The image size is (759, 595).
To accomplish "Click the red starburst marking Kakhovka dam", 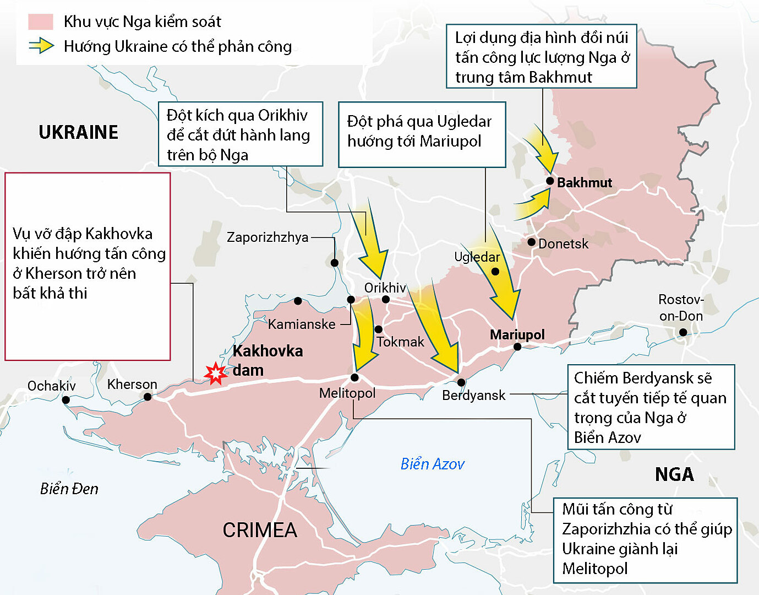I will coord(215,374).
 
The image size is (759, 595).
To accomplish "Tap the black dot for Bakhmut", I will coord(550,181).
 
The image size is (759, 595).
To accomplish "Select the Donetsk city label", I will coord(563,244).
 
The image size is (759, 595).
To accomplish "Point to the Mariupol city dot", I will coord(517,347).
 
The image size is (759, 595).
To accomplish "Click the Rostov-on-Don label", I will coord(681,308).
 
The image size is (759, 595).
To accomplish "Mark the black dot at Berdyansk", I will coord(461,382).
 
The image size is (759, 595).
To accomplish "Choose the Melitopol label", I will coord(347,393).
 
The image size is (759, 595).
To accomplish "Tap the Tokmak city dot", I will coord(379,329).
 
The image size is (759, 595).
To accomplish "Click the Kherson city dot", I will coord(148,397).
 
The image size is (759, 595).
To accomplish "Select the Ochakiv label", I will coord(52,386).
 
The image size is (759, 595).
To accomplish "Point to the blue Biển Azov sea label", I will coord(432,464).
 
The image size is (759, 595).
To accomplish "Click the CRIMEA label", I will coord(260,530).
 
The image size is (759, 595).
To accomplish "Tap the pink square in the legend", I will coord(41,21).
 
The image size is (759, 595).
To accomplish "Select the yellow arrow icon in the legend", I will coord(41,46).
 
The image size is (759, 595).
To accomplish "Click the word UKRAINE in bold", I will coord(79,132).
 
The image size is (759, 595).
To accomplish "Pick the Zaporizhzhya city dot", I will coord(335,263).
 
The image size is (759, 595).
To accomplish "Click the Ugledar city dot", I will coord(495,271).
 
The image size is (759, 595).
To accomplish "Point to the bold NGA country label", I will coord(674,474).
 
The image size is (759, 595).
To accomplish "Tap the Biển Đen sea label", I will coord(69,489).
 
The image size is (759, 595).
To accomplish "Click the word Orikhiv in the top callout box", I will coord(282,115).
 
